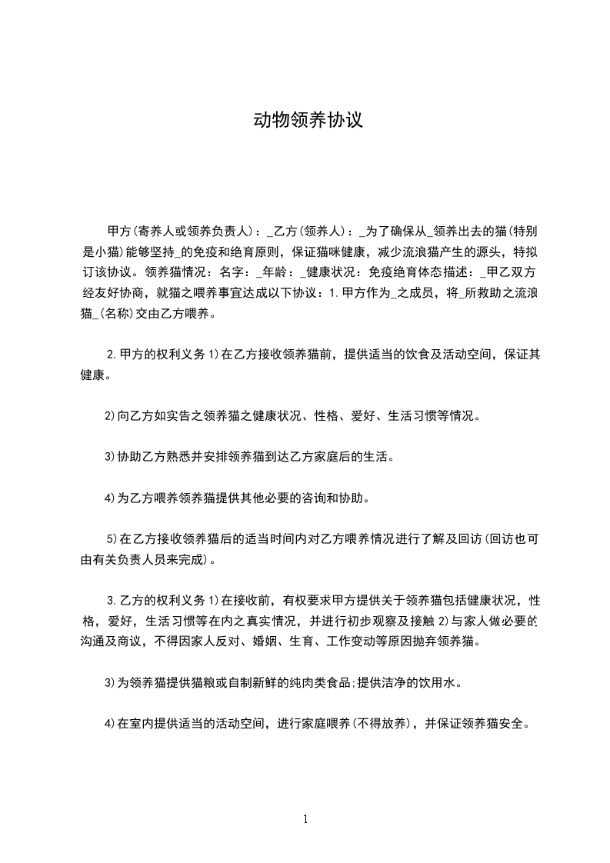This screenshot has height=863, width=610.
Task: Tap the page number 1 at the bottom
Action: click(x=305, y=819)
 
